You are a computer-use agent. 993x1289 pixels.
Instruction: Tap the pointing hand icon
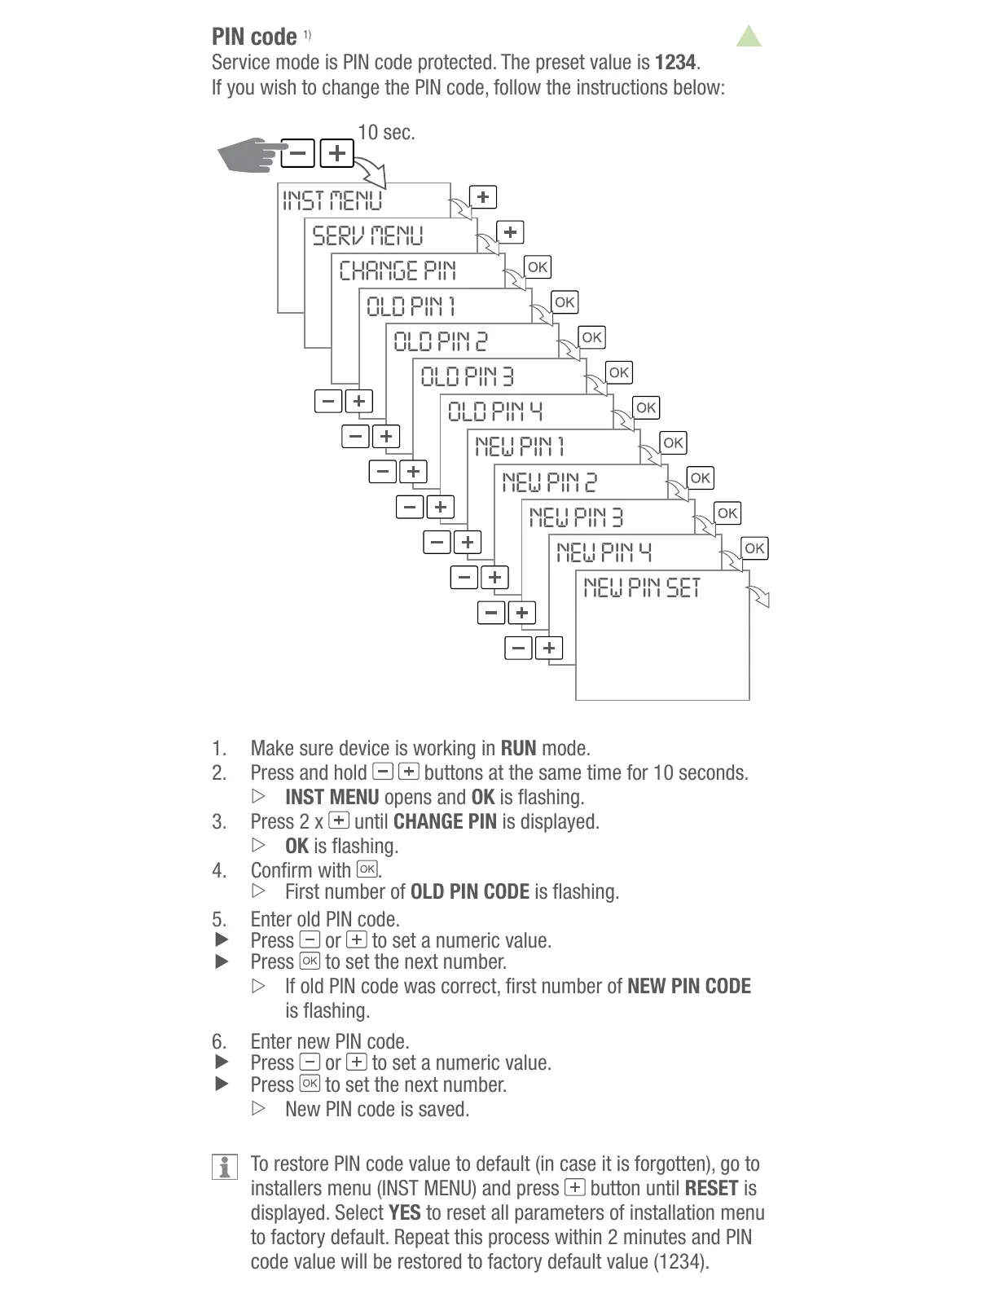[x=250, y=154]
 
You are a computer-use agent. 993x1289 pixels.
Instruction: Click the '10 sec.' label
[x=386, y=133]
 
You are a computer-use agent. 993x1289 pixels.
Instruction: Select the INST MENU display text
[x=332, y=200]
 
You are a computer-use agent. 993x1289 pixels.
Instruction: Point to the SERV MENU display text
[x=368, y=236]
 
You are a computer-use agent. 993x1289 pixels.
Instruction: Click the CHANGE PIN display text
[x=398, y=271]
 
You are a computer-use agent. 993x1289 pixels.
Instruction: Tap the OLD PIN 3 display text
[x=467, y=376]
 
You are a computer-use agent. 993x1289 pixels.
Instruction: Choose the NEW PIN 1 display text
[x=520, y=447]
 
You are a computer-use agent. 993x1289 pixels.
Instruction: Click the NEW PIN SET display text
[x=642, y=587]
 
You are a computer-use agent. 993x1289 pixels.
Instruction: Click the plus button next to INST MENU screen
[x=483, y=197]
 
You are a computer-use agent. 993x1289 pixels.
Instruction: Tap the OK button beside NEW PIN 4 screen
[x=754, y=548]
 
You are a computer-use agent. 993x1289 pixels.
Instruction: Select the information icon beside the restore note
[x=224, y=1166]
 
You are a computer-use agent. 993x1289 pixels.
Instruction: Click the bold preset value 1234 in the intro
[x=675, y=63]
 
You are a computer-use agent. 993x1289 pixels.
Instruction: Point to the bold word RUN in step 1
[x=518, y=748]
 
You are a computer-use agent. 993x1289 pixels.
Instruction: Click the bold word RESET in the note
[x=711, y=1188]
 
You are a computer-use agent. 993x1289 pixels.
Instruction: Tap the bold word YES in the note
[x=405, y=1212]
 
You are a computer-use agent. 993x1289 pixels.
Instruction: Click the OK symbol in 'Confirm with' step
[x=367, y=869]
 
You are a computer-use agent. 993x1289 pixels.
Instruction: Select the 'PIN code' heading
[x=254, y=37]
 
